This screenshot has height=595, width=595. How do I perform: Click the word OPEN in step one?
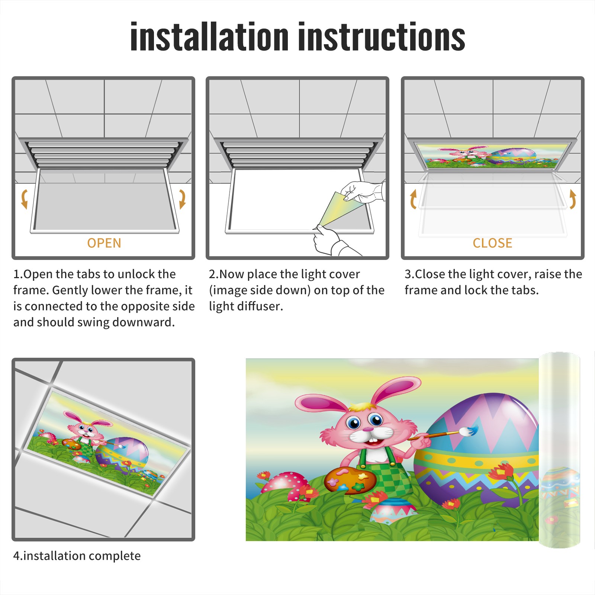(x=104, y=243)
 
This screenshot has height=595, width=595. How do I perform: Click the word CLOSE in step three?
(x=492, y=243)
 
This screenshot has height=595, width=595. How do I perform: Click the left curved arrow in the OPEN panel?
(x=24, y=199)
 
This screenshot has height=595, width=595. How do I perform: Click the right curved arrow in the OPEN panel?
(x=182, y=199)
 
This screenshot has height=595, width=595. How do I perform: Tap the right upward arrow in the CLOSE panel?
(x=573, y=199)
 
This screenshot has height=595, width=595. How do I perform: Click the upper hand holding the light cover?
(x=363, y=192)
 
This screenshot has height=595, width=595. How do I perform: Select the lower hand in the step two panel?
(x=333, y=242)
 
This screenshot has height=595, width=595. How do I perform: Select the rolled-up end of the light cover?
(x=559, y=450)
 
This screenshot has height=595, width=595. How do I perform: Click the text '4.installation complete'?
(x=77, y=556)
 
